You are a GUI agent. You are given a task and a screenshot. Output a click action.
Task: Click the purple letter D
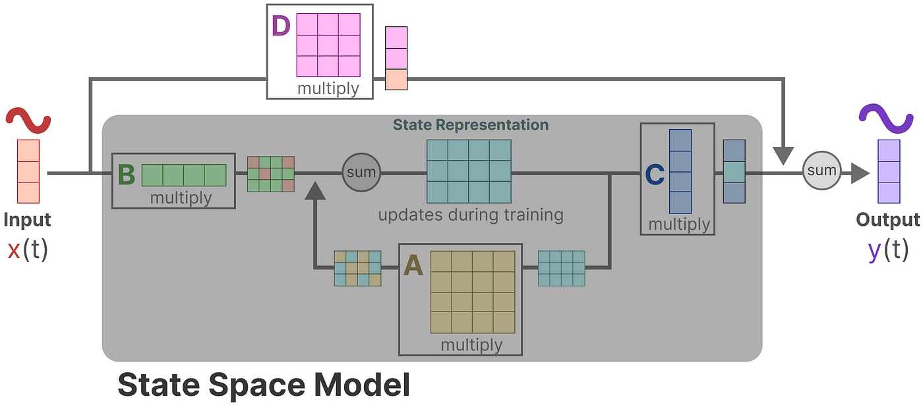[x=282, y=28]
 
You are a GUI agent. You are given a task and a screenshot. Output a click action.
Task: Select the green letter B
[x=126, y=175]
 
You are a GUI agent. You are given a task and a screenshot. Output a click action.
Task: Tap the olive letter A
[x=413, y=265]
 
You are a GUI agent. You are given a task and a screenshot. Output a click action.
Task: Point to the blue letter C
[x=654, y=175]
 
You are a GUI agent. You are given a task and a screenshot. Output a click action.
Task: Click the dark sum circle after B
[x=361, y=173]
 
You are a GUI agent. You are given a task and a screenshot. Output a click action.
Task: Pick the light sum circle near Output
[x=821, y=171]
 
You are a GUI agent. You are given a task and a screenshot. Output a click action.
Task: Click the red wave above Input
[x=28, y=120]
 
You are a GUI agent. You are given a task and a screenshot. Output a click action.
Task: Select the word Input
[x=28, y=219]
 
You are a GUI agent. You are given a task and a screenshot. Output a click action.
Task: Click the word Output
[x=887, y=219]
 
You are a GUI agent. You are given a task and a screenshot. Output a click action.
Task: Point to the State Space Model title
[x=264, y=385]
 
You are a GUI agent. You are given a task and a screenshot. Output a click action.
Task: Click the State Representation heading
[x=470, y=124]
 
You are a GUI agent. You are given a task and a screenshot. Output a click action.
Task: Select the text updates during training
[x=471, y=215]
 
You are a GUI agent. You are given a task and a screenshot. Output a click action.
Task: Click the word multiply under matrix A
[x=471, y=344]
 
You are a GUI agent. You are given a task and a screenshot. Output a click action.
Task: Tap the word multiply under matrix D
[x=328, y=88]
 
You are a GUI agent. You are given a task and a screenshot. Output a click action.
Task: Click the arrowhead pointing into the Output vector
[x=859, y=173]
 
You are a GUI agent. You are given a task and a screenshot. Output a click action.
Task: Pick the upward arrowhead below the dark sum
[x=317, y=191]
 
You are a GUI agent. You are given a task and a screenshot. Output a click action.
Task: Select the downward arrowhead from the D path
[x=783, y=156]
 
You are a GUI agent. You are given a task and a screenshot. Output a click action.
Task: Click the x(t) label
[x=28, y=250]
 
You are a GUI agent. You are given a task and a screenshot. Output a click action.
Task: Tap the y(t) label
[x=887, y=250]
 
